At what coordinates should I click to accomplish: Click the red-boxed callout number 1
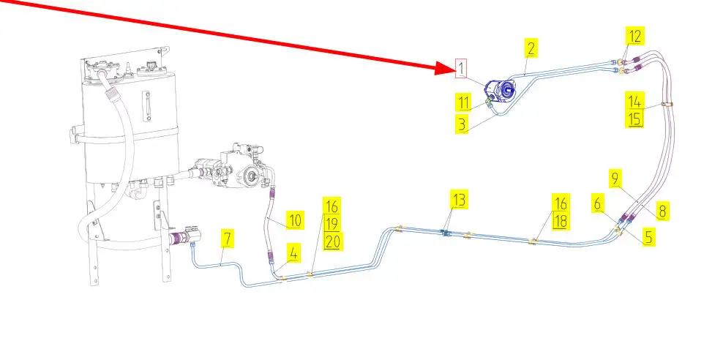[x=461, y=69]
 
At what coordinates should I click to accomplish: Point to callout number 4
[x=293, y=254]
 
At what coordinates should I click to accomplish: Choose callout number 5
[x=648, y=237]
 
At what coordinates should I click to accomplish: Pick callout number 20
[x=332, y=241]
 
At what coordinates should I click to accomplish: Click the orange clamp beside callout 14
[x=667, y=104]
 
